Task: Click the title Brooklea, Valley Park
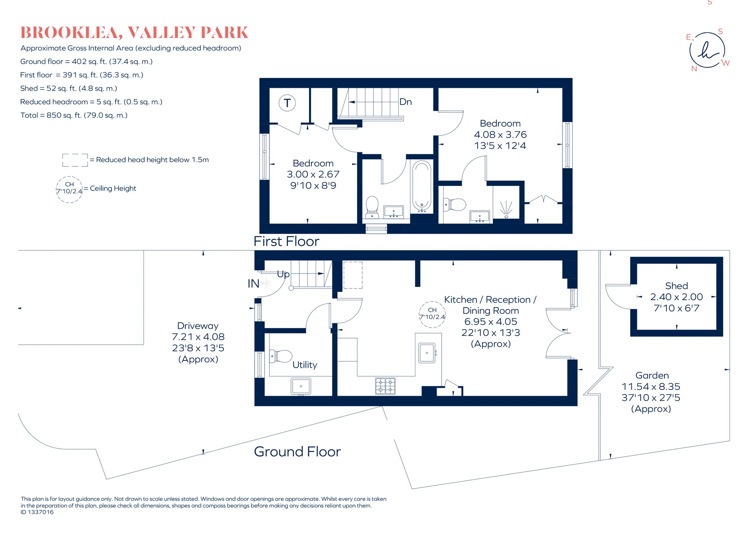click(134, 33)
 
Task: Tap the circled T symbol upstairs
click(287, 103)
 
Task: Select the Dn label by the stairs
click(406, 102)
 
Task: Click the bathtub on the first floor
click(422, 187)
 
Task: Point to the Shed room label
click(676, 286)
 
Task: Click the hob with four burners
click(385, 386)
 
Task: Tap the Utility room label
click(305, 365)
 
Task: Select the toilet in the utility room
click(281, 356)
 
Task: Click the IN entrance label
click(253, 283)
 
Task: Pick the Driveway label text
click(198, 326)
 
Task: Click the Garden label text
click(652, 376)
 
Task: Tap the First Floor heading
click(286, 241)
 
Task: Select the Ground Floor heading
click(297, 452)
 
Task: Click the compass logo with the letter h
click(707, 50)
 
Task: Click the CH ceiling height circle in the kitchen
click(432, 314)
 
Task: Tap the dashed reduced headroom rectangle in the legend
click(75, 160)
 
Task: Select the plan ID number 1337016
click(37, 512)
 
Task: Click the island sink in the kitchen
click(427, 353)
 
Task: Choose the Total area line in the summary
click(74, 115)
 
